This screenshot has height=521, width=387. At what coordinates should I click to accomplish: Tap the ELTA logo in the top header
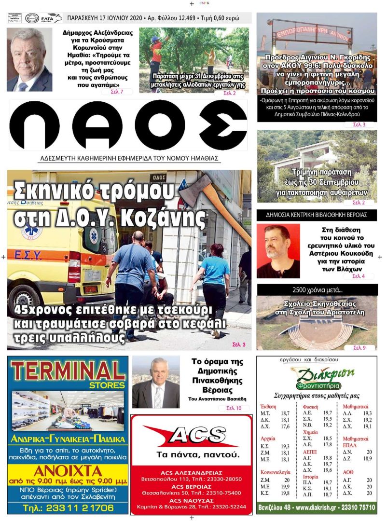(x=51, y=18)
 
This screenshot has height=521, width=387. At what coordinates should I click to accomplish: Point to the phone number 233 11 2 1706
(x=68, y=507)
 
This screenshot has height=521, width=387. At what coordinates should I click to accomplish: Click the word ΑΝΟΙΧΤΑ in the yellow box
(x=68, y=471)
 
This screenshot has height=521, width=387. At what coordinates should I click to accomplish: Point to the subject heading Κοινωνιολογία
(x=275, y=472)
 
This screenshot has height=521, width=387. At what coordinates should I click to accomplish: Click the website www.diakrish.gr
(x=320, y=507)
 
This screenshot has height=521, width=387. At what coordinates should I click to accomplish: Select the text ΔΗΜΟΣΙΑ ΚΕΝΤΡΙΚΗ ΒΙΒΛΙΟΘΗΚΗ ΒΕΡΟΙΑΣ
(x=317, y=215)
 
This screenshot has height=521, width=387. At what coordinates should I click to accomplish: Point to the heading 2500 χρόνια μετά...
(x=317, y=289)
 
